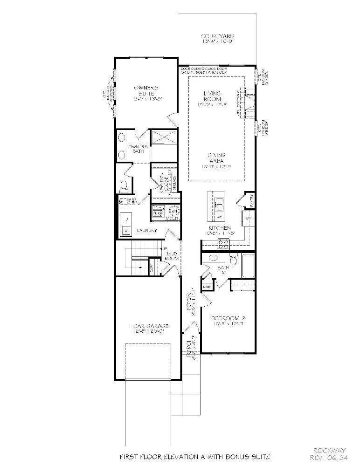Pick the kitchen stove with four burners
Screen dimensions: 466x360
tap(223, 243)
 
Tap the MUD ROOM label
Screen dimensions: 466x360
tap(172, 256)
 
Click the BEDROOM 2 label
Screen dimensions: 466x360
tap(228, 321)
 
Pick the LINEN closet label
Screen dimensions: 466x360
tap(207, 286)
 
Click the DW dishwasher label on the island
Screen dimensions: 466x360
tap(218, 217)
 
